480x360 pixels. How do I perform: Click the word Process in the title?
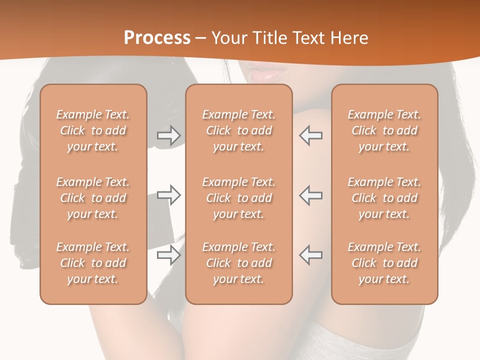tap(157, 38)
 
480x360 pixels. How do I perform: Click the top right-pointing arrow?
tap(168, 135)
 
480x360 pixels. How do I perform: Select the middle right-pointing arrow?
tap(168, 195)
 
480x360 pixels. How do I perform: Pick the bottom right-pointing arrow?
tap(168, 255)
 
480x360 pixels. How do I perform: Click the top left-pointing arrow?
tap(311, 135)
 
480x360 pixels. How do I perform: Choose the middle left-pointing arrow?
tap(311, 195)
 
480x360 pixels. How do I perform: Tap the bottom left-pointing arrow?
tap(311, 255)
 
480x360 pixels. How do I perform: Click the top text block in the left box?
tap(93, 130)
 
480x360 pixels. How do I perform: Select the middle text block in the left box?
tap(93, 198)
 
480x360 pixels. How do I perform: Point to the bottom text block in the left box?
tap(93, 263)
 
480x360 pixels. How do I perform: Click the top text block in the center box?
tap(238, 130)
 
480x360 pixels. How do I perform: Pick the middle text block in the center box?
tap(238, 198)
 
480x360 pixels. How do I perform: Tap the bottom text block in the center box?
tap(238, 263)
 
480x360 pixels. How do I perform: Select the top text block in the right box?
tap(384, 130)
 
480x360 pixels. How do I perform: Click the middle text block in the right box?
tap(384, 198)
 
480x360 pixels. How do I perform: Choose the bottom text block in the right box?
tap(384, 263)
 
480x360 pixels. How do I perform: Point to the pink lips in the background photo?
tap(262, 75)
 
